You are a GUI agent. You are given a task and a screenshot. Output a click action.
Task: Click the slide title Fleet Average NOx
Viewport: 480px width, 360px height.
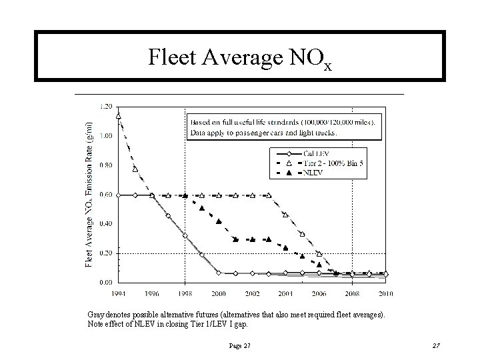point(239,59)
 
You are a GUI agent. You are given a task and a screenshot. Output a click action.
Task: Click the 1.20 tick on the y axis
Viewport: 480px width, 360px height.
point(105,106)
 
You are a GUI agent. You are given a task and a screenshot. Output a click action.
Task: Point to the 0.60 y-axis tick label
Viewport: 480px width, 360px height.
point(105,195)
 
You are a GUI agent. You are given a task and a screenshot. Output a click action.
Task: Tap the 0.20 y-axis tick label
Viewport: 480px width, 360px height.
point(105,253)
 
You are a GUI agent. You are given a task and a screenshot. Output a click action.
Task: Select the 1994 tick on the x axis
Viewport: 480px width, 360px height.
point(119,293)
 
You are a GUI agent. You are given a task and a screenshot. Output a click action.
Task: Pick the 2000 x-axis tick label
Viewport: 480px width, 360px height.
point(219,293)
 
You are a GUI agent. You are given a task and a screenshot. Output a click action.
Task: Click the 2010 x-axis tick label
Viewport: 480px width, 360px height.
point(386,293)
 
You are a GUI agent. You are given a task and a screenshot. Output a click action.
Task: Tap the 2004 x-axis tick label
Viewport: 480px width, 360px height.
point(286,293)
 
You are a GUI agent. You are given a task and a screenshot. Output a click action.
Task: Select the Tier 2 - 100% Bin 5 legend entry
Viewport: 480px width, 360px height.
point(329,163)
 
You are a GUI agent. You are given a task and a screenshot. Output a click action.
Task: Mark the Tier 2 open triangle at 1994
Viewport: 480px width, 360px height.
point(119,116)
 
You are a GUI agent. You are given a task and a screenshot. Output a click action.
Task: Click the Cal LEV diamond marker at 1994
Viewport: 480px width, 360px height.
point(119,195)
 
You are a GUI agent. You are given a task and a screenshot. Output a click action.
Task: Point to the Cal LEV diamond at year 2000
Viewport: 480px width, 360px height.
point(219,273)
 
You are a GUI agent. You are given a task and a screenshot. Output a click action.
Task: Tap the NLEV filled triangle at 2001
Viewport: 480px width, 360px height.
point(235,239)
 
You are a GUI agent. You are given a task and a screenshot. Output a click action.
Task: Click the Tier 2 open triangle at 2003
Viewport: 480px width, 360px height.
point(269,195)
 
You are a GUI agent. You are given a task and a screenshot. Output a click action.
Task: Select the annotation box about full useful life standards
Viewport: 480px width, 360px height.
point(283,127)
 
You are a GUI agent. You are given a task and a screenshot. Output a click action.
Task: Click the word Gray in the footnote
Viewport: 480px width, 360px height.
point(96,313)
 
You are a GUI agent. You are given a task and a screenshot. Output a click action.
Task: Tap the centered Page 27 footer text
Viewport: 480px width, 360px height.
point(239,345)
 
